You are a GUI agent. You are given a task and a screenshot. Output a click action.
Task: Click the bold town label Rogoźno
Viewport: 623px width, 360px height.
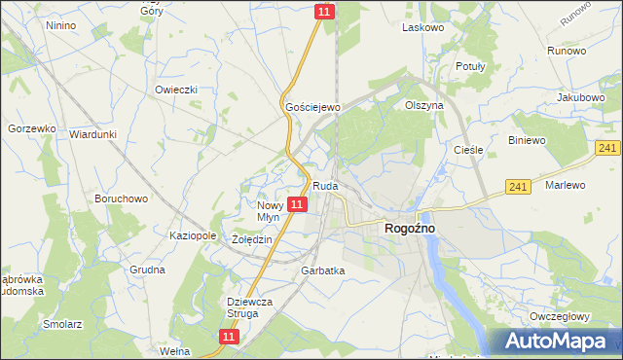click(x=403, y=228)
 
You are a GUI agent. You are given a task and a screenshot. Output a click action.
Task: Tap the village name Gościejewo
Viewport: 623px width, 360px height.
click(x=311, y=106)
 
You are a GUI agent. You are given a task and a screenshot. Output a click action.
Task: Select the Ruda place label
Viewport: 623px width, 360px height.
click(x=324, y=185)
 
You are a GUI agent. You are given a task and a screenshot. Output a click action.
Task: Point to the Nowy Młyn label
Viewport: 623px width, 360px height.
click(x=268, y=211)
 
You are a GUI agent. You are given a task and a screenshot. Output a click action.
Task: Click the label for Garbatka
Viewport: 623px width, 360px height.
click(x=323, y=270)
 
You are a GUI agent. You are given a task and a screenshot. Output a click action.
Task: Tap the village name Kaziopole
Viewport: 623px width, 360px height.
click(x=192, y=236)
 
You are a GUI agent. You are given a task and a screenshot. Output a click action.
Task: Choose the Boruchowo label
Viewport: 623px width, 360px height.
click(x=121, y=198)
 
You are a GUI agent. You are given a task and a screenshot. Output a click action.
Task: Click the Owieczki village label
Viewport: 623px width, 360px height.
click(x=176, y=90)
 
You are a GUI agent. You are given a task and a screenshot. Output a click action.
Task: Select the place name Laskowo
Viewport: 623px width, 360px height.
click(x=423, y=28)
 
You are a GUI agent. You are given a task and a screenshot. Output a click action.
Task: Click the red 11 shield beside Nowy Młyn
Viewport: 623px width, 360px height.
click(x=299, y=204)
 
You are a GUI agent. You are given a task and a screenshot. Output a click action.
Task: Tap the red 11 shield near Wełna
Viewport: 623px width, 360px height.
click(x=228, y=336)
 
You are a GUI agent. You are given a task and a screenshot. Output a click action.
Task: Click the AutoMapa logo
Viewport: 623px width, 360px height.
click(x=557, y=342)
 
